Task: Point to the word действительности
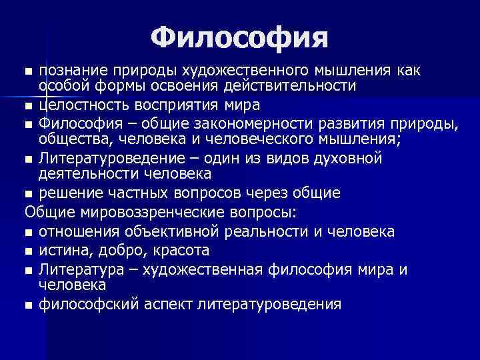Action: [293, 86]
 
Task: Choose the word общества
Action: [68, 139]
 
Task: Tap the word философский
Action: [81, 305]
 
